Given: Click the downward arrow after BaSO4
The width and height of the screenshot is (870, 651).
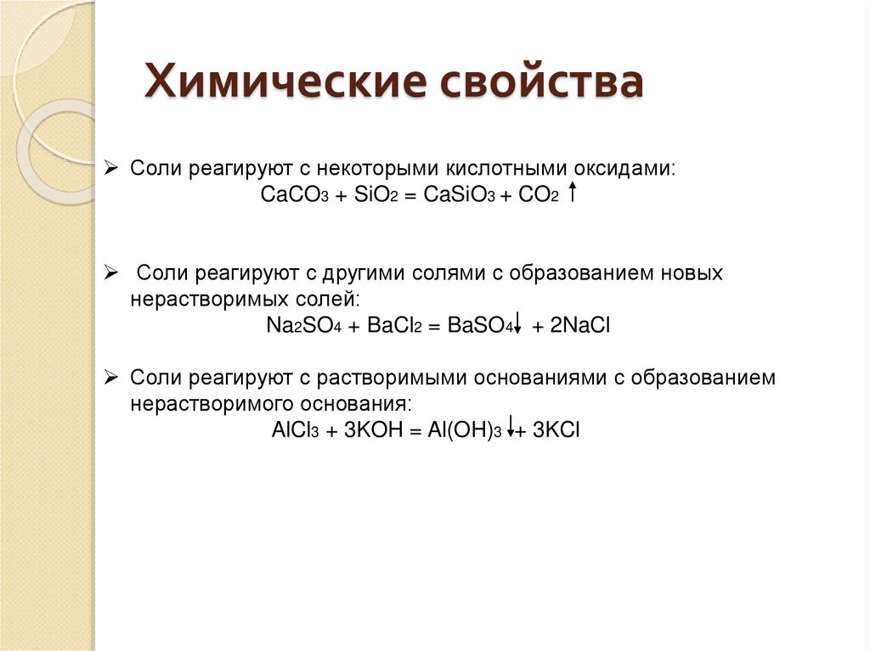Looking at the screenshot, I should click(x=517, y=323).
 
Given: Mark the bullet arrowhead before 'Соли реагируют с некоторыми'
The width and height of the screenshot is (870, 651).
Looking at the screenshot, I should click(x=110, y=167).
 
